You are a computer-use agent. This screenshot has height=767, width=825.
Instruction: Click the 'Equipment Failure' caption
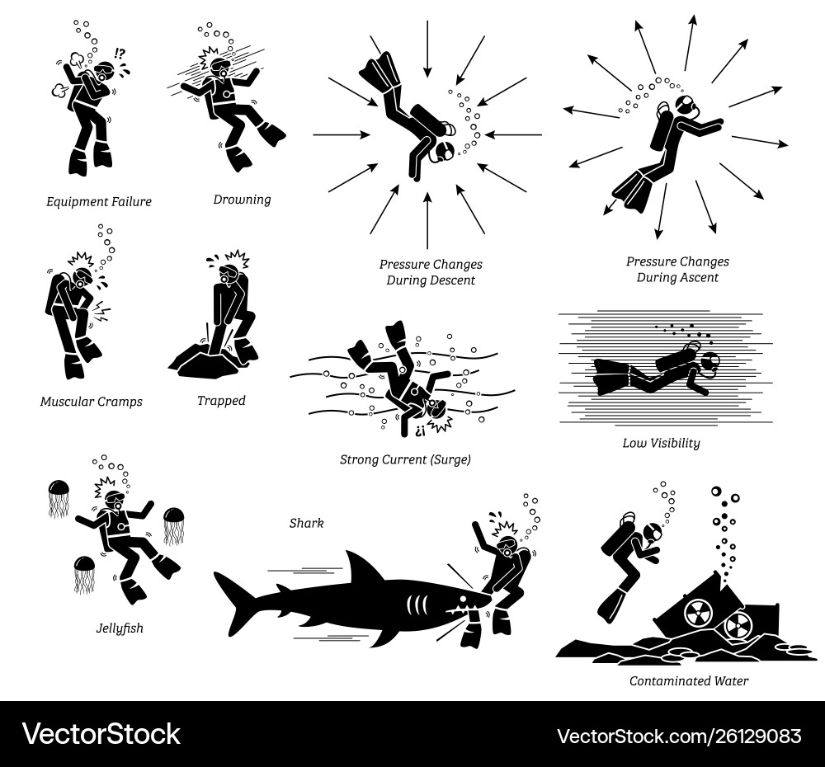(x=99, y=201)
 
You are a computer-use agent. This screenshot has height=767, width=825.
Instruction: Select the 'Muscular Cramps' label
(x=92, y=402)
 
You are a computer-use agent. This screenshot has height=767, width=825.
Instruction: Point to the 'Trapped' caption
(x=221, y=401)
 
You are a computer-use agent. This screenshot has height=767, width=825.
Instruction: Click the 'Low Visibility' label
(x=661, y=443)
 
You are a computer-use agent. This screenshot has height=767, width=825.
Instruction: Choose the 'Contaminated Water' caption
(x=689, y=681)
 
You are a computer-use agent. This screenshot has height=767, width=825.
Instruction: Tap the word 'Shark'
(x=306, y=523)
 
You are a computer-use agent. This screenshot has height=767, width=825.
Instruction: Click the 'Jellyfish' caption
(x=119, y=628)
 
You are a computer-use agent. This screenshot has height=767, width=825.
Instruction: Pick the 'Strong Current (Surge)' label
(x=405, y=459)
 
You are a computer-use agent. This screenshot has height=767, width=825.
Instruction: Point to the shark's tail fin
(x=235, y=602)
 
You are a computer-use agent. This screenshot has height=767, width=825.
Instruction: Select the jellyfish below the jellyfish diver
(x=84, y=573)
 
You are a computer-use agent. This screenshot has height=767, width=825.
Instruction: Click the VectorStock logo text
(x=101, y=734)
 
